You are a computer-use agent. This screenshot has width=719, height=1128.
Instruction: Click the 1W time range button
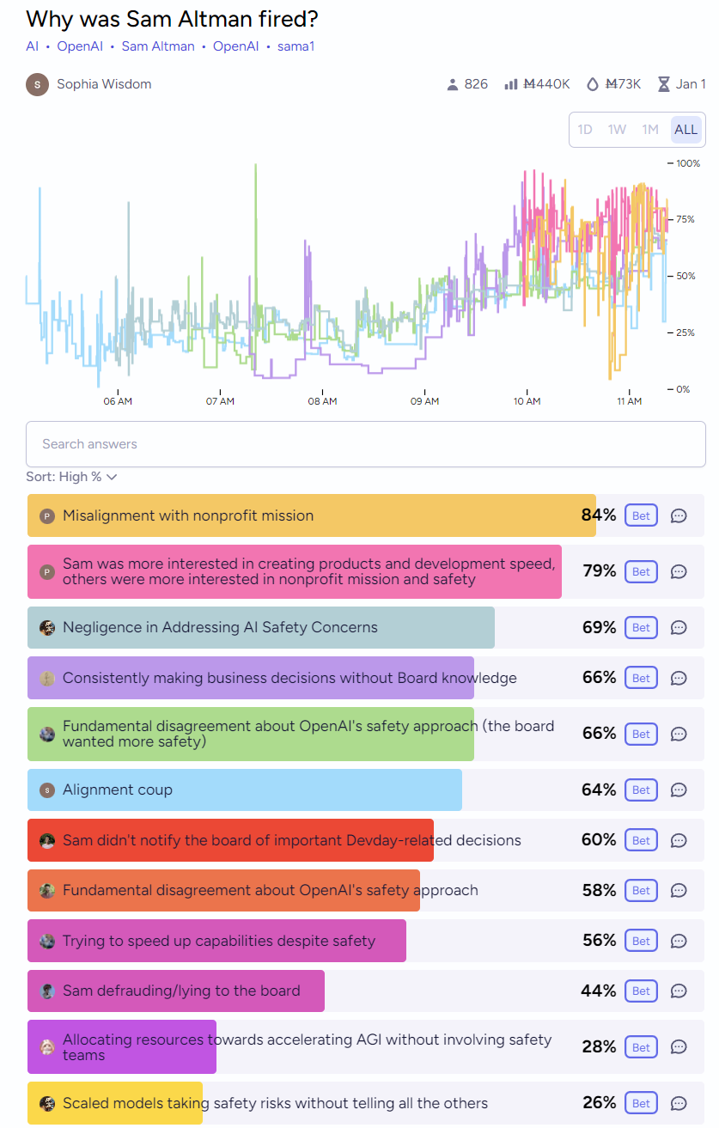point(617,130)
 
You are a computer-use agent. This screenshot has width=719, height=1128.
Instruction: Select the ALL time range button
point(685,130)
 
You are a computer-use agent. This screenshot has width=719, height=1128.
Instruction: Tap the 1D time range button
point(585,130)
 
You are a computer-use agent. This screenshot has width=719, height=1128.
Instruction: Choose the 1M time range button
point(650,130)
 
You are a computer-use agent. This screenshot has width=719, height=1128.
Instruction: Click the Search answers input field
point(365,444)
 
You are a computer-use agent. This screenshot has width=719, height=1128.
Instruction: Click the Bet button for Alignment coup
point(641,790)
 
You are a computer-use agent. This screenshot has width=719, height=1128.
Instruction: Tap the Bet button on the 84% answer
point(641,515)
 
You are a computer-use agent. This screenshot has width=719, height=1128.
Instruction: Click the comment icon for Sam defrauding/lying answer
point(679,991)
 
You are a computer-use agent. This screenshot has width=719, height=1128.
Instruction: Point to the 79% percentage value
point(600,570)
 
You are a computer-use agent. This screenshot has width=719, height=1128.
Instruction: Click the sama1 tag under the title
point(296,46)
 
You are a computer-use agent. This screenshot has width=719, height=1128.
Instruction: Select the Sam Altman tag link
point(158,46)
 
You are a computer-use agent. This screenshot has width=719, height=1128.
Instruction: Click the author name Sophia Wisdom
point(104,84)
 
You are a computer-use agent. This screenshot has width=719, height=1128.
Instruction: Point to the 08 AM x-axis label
point(322,401)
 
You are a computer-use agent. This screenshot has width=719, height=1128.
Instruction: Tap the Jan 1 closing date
point(691,84)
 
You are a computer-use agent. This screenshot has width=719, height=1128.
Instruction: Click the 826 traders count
point(476,84)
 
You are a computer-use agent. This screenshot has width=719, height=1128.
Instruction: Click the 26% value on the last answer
point(600,1102)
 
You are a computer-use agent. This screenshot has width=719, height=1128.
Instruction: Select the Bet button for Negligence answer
point(641,627)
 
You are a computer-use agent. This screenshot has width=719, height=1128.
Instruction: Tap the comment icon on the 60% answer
point(679,840)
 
